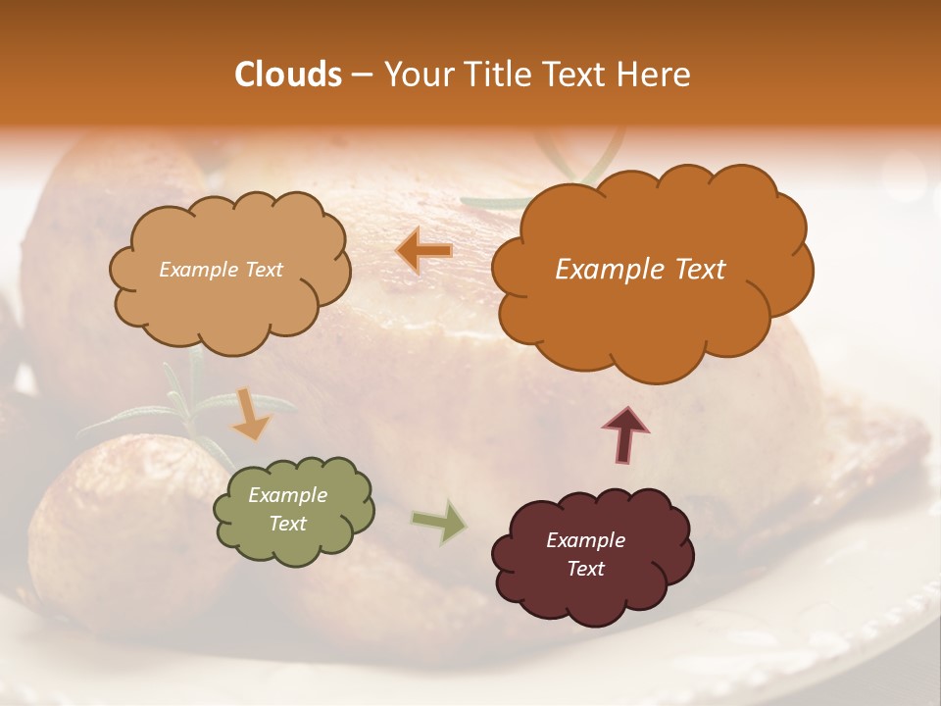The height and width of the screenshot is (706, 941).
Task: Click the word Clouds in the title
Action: tap(288, 75)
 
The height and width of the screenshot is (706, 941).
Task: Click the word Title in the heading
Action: tap(497, 75)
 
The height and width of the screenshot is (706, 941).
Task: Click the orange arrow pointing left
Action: tap(423, 252)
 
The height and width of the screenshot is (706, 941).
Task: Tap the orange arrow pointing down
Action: tap(252, 414)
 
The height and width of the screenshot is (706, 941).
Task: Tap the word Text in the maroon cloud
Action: tap(585, 569)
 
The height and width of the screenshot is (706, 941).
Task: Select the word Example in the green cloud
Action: tap(287, 495)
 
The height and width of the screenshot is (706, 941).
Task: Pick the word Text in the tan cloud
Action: tap(262, 270)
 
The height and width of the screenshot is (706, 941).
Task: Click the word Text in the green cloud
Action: tap(287, 524)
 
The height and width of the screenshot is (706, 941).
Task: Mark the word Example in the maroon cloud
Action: tap(585, 540)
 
